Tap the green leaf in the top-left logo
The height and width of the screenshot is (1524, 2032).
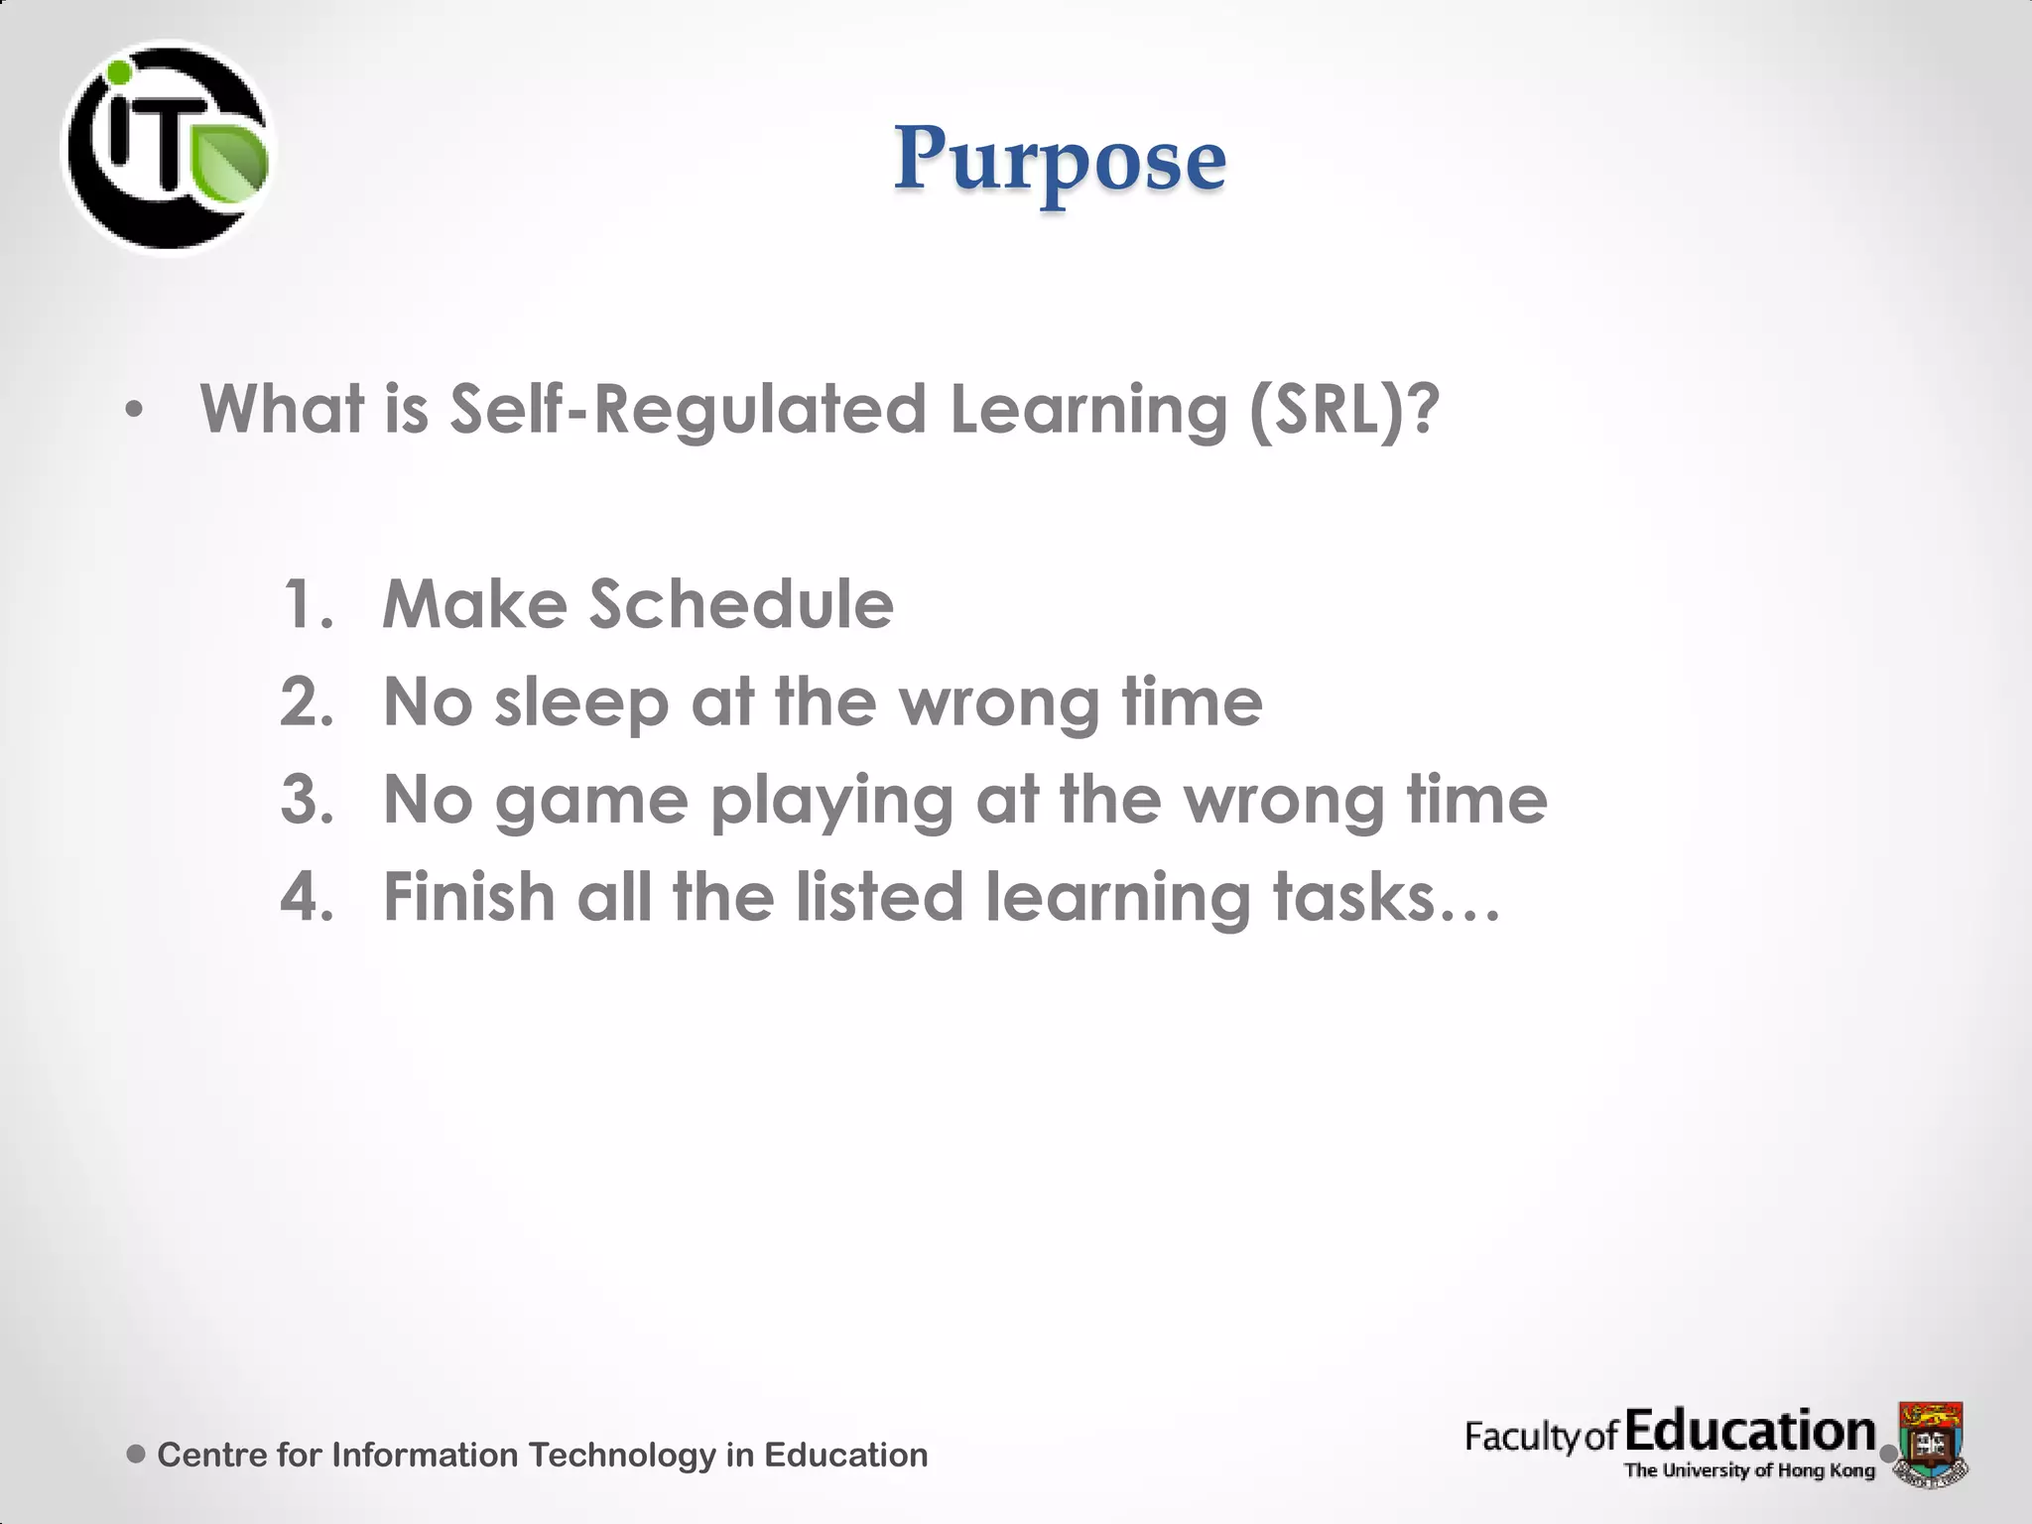click(x=230, y=163)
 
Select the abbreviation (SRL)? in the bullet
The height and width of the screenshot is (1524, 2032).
click(x=1343, y=409)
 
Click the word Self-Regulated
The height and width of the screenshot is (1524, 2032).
click(x=688, y=409)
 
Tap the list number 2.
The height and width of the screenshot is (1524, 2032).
click(x=306, y=701)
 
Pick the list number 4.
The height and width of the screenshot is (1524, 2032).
click(x=307, y=897)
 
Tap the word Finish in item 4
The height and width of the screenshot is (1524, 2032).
click(x=469, y=897)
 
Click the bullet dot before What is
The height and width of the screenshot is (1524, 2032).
click(x=135, y=409)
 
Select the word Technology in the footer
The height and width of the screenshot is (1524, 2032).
click(x=621, y=1455)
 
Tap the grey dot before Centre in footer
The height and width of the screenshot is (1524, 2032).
click(x=137, y=1455)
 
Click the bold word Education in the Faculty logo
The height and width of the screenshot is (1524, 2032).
click(x=1750, y=1432)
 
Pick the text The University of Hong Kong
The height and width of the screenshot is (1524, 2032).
click(x=1749, y=1470)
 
